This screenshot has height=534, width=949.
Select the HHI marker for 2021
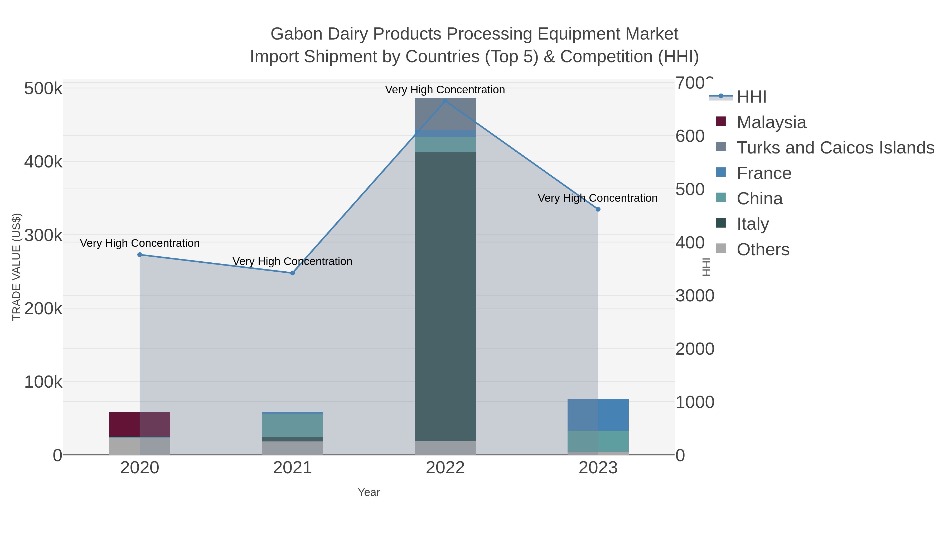pyautogui.click(x=293, y=273)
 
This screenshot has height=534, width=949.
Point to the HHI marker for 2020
pyautogui.click(x=140, y=255)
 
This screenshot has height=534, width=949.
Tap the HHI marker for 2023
pyautogui.click(x=598, y=209)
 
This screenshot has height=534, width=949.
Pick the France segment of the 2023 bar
pyautogui.click(x=598, y=415)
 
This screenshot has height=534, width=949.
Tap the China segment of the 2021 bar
pyautogui.click(x=293, y=426)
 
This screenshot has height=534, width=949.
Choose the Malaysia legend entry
pyautogui.click(x=771, y=122)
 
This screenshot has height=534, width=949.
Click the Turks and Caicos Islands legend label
pyautogui.click(x=835, y=148)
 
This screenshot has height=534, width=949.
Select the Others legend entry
pyautogui.click(x=763, y=249)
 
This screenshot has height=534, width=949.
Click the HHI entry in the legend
pyautogui.click(x=752, y=97)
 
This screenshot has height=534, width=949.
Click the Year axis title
pyautogui.click(x=369, y=492)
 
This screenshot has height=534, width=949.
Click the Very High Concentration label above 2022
pyautogui.click(x=445, y=90)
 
